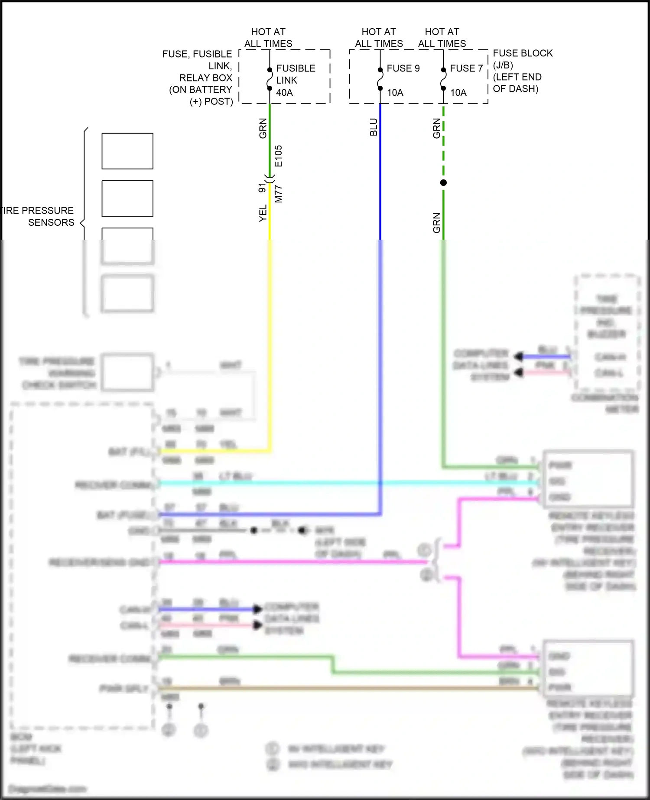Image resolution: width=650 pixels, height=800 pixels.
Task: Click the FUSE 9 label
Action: click(x=403, y=68)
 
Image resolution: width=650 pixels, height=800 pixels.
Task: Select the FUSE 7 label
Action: click(x=466, y=68)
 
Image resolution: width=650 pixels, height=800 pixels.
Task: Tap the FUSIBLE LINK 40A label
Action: click(x=296, y=80)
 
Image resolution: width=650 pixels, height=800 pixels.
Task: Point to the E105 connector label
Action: click(x=278, y=156)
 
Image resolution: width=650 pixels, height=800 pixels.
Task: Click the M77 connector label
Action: click(x=278, y=194)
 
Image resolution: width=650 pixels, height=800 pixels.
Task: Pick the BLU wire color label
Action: click(x=374, y=127)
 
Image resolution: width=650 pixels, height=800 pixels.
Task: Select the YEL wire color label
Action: click(x=263, y=214)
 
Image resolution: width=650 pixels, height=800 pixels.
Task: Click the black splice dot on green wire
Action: click(x=443, y=183)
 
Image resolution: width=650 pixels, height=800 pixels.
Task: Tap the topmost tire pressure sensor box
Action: click(x=127, y=151)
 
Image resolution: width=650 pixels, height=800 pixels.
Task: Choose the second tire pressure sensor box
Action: click(x=127, y=198)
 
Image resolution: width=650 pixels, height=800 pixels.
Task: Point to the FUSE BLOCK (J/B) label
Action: click(x=522, y=59)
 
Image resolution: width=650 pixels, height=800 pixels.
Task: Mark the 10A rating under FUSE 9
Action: click(x=395, y=93)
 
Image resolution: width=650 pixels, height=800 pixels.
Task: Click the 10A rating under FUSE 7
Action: click(x=458, y=93)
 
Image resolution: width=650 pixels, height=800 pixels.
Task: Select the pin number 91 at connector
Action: click(x=262, y=188)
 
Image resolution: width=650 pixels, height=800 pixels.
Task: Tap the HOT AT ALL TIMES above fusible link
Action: click(x=268, y=38)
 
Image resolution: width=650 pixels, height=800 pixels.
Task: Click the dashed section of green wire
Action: click(x=443, y=143)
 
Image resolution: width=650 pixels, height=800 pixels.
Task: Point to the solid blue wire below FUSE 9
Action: click(x=380, y=173)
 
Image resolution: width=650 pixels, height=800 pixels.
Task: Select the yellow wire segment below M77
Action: click(x=270, y=217)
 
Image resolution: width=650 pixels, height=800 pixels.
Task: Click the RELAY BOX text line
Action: click(x=206, y=78)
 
